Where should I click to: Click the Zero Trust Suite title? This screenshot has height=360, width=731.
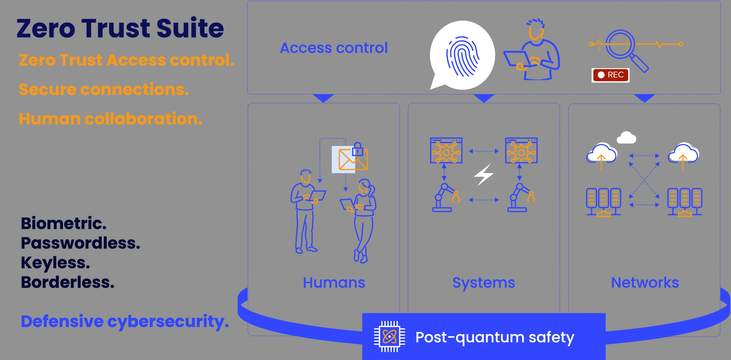coord(120,28)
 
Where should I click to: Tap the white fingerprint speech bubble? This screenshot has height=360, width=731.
coord(462,55)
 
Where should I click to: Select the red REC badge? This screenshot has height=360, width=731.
coord(610,75)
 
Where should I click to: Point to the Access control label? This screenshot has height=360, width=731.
coord(334,48)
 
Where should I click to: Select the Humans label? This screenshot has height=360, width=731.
coord(334,283)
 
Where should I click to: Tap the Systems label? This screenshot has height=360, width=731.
coord(484,283)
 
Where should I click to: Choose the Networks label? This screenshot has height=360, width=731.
coord(645,283)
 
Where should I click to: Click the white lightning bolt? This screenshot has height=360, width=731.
coord(484,175)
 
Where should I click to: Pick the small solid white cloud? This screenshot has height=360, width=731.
coord(627,138)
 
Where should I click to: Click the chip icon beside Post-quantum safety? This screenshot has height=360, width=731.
coord(390,337)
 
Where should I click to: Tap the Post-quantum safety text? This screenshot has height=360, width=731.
coord(495,337)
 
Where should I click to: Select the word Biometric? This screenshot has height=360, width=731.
coord(64,223)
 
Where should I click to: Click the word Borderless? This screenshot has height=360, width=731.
coord(68,282)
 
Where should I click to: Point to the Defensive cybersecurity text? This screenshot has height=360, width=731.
coord(125,322)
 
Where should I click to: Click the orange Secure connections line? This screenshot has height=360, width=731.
coord(104,90)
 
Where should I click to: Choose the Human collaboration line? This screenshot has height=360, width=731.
coord(111,119)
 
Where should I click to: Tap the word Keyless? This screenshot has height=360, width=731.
coord(55,263)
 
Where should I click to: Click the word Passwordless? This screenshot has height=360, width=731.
coord(80,243)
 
